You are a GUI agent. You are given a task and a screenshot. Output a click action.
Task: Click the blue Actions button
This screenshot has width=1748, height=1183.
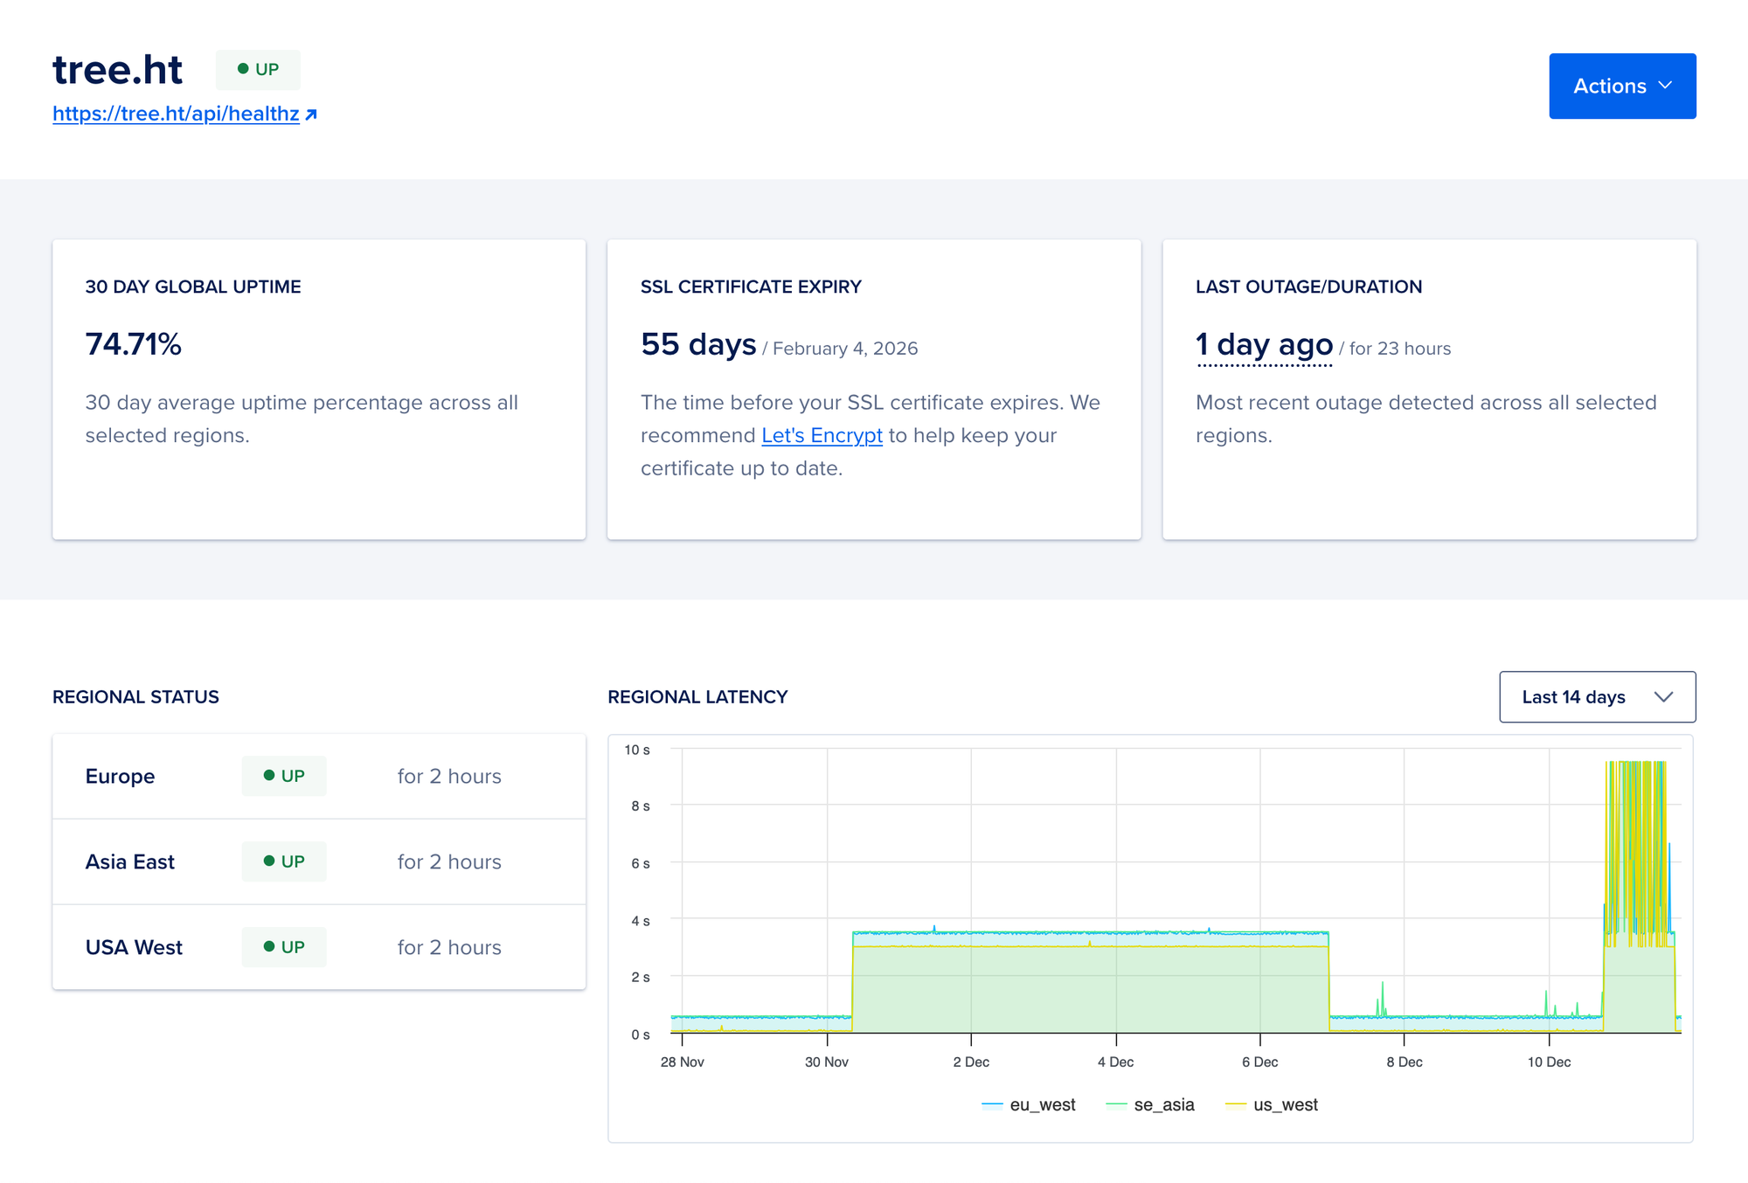[x=1621, y=86]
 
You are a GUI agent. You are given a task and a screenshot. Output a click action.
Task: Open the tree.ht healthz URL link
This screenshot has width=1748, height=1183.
[x=176, y=114]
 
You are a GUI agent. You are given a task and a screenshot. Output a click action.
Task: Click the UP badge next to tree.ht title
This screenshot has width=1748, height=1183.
[x=258, y=70]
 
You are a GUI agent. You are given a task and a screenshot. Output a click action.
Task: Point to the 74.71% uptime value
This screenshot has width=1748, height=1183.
[x=133, y=344]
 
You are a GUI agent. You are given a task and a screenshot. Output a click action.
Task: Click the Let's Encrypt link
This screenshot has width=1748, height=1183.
[x=822, y=435]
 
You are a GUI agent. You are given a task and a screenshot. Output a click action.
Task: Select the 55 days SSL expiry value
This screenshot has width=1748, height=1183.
[x=697, y=344]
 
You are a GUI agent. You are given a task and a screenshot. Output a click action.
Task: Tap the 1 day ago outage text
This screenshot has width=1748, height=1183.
[x=1264, y=344]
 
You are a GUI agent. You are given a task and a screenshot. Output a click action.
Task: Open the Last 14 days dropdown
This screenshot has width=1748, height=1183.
[x=1597, y=697]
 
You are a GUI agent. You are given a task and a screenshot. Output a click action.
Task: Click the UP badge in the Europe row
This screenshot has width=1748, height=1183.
[x=284, y=776]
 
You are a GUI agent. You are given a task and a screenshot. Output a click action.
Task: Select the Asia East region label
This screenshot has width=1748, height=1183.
[x=130, y=861]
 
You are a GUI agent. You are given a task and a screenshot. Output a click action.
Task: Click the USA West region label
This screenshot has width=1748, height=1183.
[x=134, y=947]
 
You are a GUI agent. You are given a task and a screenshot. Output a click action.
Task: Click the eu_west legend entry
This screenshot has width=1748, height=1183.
[x=1029, y=1104]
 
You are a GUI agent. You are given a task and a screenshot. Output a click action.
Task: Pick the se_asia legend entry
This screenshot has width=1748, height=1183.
[x=1150, y=1104]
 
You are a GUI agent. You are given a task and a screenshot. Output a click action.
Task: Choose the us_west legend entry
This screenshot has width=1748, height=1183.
[x=1272, y=1104]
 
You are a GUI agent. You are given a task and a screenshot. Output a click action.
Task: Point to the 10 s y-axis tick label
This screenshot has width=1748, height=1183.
[x=637, y=750]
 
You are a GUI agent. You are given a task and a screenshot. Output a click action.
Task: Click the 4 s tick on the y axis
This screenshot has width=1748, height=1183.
[x=641, y=921]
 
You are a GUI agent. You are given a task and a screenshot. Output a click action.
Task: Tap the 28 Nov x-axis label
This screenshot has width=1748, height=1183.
[x=682, y=1062]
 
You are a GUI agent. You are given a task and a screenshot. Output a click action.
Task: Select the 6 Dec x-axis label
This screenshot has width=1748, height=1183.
[x=1259, y=1062]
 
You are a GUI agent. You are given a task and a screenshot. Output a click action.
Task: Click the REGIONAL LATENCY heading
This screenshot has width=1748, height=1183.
[x=697, y=697]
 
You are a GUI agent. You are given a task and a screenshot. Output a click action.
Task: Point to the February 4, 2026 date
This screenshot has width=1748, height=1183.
[x=845, y=349]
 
